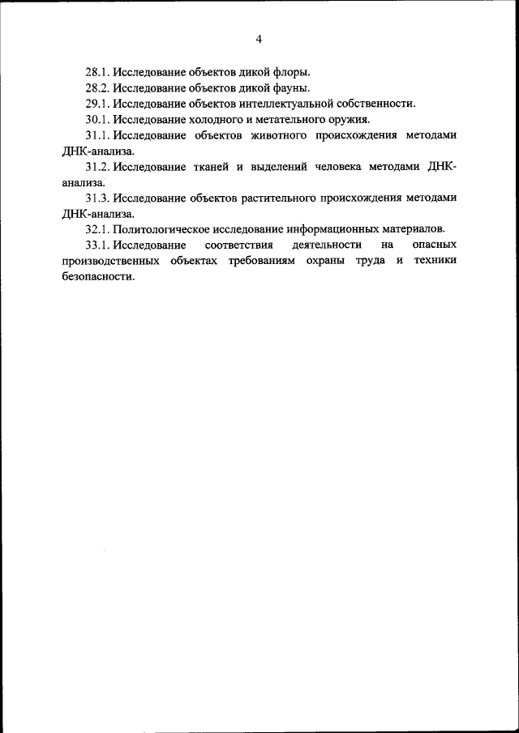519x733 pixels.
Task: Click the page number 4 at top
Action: [x=259, y=39]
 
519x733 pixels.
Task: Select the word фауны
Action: [x=291, y=87]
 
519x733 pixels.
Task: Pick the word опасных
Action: [x=435, y=245]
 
